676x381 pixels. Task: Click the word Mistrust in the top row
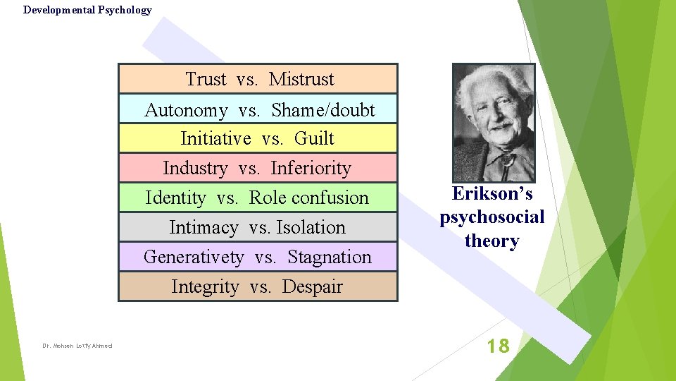click(301, 79)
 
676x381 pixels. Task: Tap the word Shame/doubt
click(323, 110)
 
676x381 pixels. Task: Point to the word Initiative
click(215, 138)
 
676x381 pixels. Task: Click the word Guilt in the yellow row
click(314, 138)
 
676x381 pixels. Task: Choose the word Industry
click(195, 169)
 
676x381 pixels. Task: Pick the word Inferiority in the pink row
click(311, 168)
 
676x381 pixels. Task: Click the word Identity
click(175, 198)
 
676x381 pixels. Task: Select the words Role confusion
click(308, 198)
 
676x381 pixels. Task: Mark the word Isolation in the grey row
click(311, 227)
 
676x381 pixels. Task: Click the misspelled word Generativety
click(194, 258)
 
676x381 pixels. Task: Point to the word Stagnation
click(329, 257)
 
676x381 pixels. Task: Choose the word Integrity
click(205, 287)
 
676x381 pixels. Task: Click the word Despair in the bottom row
click(312, 286)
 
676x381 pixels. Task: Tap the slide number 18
click(499, 346)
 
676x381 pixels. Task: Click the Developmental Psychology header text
click(87, 10)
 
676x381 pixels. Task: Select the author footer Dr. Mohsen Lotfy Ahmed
click(77, 346)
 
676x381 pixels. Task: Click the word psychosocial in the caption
click(492, 217)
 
